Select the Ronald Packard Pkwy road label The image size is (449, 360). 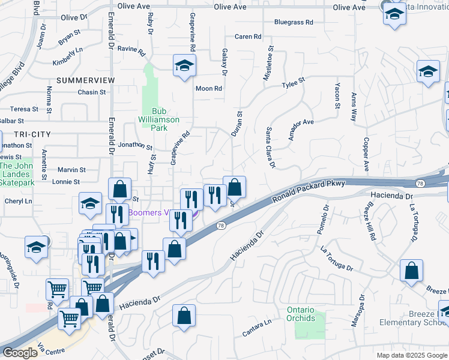tap(309, 191)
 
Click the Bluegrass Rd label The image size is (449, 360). tap(294, 22)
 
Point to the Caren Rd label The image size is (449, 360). tap(248, 37)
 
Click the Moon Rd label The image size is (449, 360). tap(209, 88)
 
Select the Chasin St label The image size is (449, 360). tap(91, 92)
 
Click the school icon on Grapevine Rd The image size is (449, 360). tap(185, 65)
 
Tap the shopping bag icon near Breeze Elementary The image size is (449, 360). tap(411, 271)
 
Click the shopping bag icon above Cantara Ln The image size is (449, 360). tap(184, 316)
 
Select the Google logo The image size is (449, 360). tap(20, 353)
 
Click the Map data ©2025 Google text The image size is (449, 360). tap(411, 355)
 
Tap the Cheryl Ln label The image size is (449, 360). tap(18, 201)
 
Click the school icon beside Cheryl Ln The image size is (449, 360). tap(89, 205)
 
